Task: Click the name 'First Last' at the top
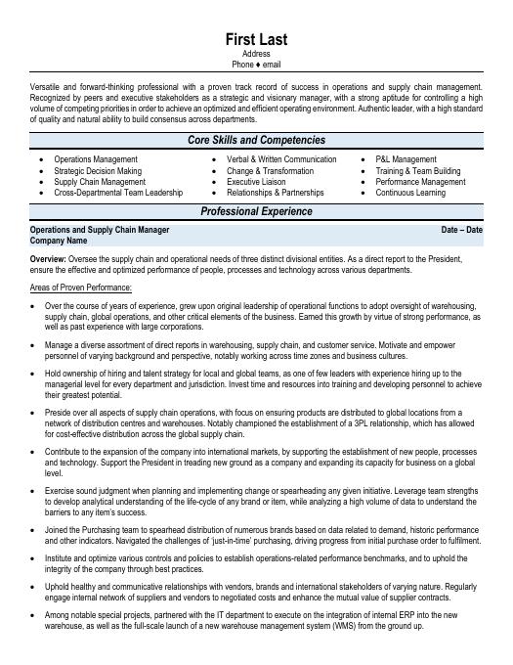point(256,39)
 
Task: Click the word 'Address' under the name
point(256,54)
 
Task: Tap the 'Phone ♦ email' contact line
point(256,65)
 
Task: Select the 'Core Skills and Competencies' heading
point(256,141)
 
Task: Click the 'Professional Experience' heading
point(256,211)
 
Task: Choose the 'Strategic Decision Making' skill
point(98,170)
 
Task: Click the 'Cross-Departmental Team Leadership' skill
point(118,193)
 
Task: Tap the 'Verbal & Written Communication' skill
point(281,159)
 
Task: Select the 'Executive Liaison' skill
point(256,182)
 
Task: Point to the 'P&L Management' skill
point(406,159)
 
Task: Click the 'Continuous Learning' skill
point(410,193)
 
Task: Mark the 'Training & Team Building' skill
point(417,170)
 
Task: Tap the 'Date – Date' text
point(461,230)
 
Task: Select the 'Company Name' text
point(59,241)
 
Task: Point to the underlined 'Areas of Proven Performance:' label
point(81,288)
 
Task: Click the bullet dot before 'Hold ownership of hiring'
point(35,373)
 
